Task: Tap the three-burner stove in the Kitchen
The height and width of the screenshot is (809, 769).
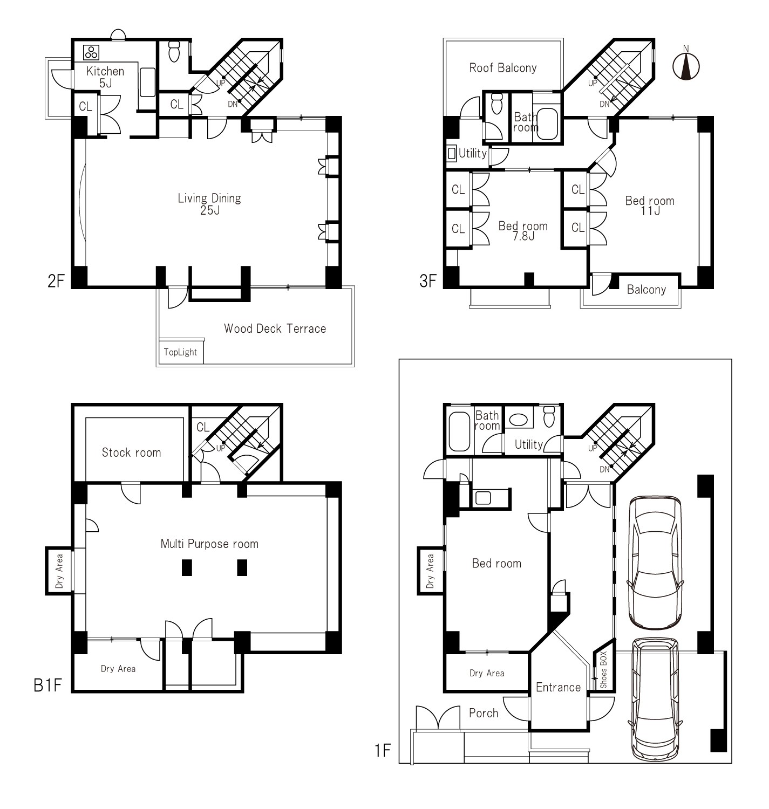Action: [91, 52]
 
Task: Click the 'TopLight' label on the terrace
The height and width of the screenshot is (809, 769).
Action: [180, 352]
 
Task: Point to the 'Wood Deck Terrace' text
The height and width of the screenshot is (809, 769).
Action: [275, 328]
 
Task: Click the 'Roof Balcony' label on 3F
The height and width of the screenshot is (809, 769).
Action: [502, 68]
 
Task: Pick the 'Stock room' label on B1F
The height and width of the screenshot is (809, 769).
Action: [131, 453]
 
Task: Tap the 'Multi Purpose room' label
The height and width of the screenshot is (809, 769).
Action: [209, 544]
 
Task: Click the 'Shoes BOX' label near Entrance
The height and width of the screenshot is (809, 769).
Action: [603, 669]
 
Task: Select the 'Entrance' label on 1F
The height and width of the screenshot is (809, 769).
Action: [558, 687]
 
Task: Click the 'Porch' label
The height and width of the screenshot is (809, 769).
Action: [484, 713]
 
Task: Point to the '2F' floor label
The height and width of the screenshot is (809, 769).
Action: [56, 281]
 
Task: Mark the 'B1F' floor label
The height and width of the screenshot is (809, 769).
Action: [48, 685]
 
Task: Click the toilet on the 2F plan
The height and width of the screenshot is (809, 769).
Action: [174, 51]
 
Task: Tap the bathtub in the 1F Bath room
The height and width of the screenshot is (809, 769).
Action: [459, 432]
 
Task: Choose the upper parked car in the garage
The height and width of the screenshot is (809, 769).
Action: [655, 563]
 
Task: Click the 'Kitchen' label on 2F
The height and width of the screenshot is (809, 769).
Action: [105, 72]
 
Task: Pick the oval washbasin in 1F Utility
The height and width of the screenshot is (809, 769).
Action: [518, 420]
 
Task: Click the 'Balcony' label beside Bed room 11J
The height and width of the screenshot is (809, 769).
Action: [646, 290]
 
